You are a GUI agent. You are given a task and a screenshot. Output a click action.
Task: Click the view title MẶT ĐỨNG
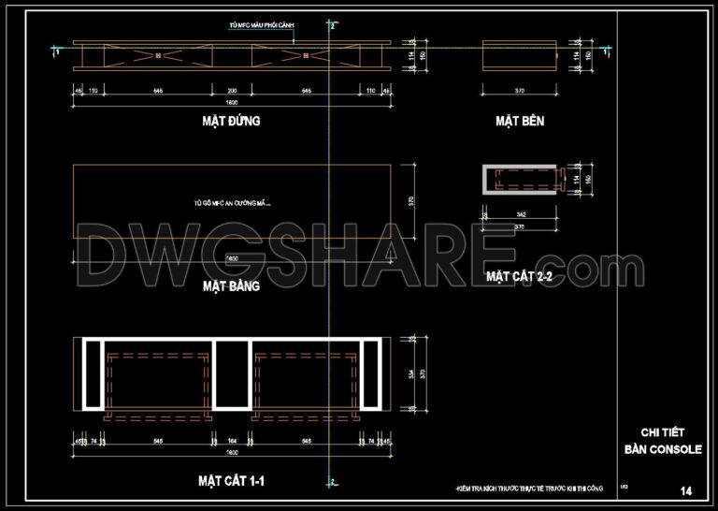pyautogui.click(x=230, y=121)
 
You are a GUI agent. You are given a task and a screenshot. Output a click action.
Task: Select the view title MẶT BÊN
pyautogui.click(x=520, y=121)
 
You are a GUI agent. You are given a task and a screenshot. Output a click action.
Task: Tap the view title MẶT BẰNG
pyautogui.click(x=230, y=286)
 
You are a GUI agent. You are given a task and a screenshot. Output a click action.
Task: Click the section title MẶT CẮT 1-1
pyautogui.click(x=231, y=481)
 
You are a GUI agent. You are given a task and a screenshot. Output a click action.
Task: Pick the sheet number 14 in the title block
pyautogui.click(x=687, y=490)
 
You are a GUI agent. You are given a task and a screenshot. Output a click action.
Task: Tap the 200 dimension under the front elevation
pyautogui.click(x=232, y=91)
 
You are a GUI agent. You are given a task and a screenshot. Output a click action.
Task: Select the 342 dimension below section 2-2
pyautogui.click(x=520, y=215)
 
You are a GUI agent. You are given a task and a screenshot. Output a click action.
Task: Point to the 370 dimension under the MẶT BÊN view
pyautogui.click(x=520, y=91)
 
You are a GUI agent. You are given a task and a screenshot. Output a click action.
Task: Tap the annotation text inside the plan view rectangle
pyautogui.click(x=237, y=202)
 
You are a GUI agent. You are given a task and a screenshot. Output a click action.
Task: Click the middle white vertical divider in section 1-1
pyautogui.click(x=231, y=374)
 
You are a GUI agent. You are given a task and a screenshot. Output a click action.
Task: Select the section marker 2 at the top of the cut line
pyautogui.click(x=332, y=28)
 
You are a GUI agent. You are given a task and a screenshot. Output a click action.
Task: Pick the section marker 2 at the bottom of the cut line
pyautogui.click(x=332, y=482)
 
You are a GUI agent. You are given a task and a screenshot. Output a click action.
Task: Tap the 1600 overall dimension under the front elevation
pyautogui.click(x=232, y=101)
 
